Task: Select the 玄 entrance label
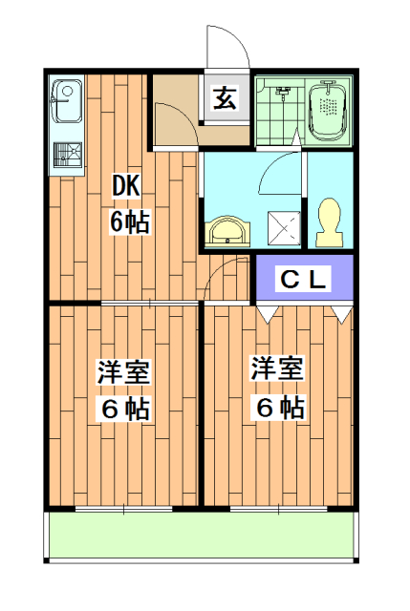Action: click(x=225, y=98)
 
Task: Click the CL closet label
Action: click(x=303, y=280)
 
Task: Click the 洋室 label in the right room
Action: click(x=279, y=368)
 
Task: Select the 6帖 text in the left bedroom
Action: click(x=124, y=409)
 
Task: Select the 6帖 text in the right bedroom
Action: click(x=279, y=407)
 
